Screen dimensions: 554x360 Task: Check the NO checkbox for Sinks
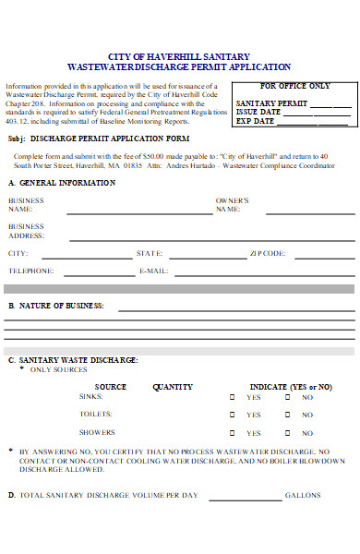tap(287, 397)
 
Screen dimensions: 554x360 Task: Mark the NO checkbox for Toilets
tap(287, 415)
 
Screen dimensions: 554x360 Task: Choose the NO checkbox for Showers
tap(287, 432)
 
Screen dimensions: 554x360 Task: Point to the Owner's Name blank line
tap(295, 213)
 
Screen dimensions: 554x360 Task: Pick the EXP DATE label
tap(256, 121)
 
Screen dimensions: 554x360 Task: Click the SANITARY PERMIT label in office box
tap(271, 103)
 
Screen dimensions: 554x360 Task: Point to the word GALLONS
tap(303, 495)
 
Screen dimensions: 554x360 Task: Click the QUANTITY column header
tap(173, 386)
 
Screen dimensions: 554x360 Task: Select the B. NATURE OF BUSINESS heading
tap(56, 305)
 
